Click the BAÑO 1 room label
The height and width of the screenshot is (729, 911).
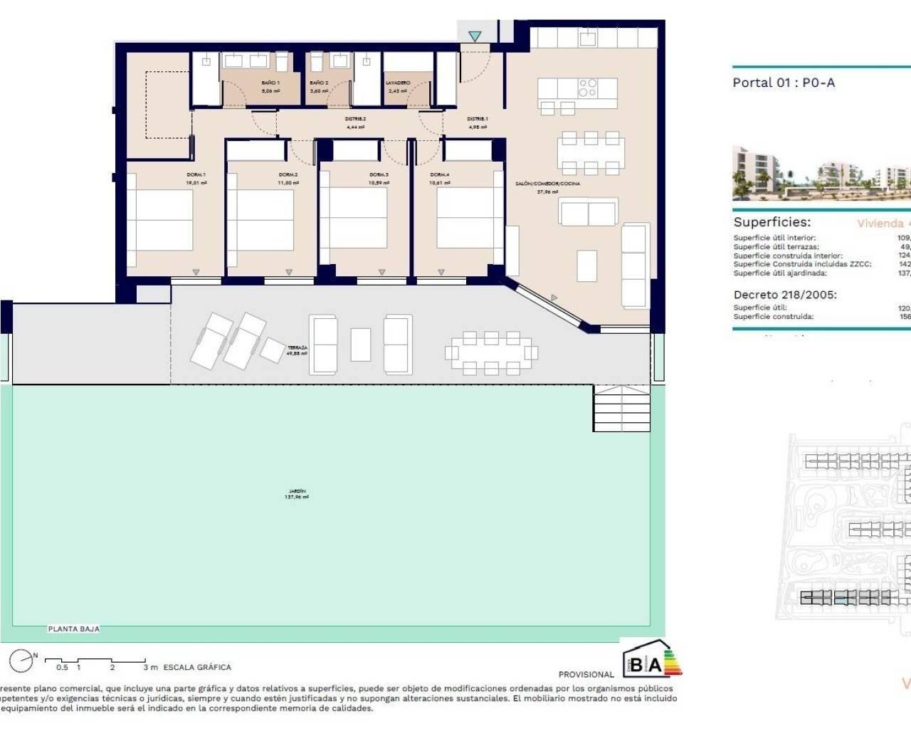click(270, 83)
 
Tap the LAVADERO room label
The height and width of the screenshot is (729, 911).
click(398, 83)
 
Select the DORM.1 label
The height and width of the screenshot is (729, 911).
click(196, 175)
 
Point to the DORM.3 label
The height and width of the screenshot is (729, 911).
click(379, 175)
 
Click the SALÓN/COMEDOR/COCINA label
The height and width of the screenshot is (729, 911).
click(547, 184)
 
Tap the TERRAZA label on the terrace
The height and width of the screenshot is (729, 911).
click(297, 348)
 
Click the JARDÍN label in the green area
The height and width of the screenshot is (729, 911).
click(297, 491)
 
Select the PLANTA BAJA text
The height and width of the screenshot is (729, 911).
click(73, 629)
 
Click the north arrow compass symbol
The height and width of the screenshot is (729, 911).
click(21, 661)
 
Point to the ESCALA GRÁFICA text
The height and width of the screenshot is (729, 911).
click(197, 667)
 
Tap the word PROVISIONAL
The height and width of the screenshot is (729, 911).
click(586, 674)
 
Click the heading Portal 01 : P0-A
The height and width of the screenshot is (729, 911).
click(784, 83)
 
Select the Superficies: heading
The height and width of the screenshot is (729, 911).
click(772, 222)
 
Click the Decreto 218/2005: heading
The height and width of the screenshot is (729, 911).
click(785, 295)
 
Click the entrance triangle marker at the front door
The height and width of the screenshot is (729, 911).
click(475, 36)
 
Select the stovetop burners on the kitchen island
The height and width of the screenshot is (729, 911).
click(588, 88)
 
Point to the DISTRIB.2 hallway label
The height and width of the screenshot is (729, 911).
click(355, 119)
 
